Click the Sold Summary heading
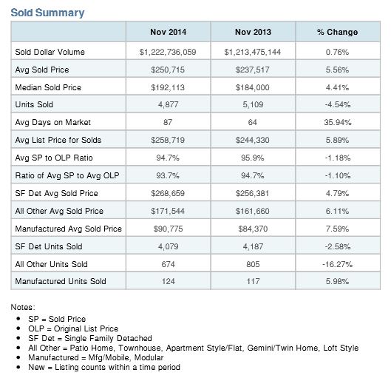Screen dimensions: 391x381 coord(47,13)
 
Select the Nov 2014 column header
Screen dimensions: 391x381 coord(168,32)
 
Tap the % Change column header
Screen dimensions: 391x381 coord(337,32)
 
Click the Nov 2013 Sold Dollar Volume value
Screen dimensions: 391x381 coord(252,52)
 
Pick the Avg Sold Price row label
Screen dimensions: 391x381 coord(42,70)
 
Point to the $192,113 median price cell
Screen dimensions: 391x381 coord(168,87)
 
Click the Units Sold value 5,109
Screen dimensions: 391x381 coord(253,104)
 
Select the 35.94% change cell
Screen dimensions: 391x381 coord(338,122)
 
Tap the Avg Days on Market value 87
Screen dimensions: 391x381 coord(168,122)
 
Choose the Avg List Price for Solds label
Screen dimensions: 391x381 coord(58,140)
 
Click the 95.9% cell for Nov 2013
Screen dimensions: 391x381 coord(252,158)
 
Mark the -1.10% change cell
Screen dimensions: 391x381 coord(338,175)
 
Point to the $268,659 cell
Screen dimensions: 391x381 coord(168,193)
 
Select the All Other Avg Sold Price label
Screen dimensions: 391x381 coord(59,211)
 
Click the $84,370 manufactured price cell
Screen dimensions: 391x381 coord(253,229)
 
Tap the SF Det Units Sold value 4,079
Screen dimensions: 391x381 coord(168,246)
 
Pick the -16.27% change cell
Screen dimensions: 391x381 coord(337,264)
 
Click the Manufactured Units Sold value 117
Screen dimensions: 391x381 coord(253,281)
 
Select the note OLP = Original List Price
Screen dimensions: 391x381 coord(73,328)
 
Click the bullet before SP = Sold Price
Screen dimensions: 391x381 coord(18,319)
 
